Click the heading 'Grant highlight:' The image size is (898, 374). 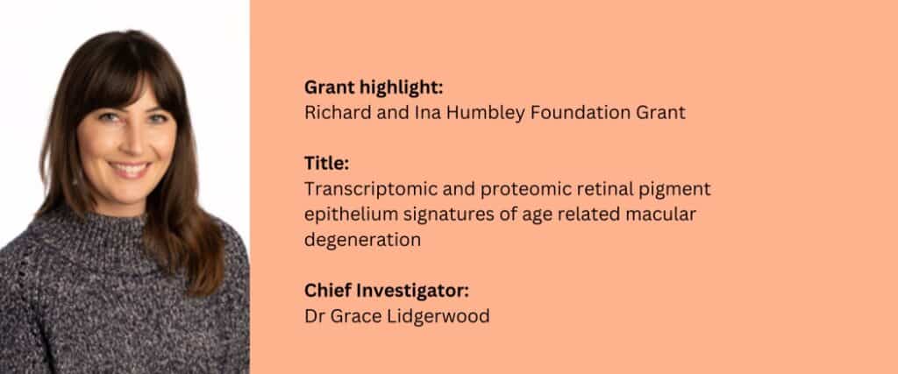(374, 88)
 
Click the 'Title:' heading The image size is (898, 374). (326, 164)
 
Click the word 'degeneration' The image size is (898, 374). (362, 240)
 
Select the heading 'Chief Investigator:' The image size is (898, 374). (387, 291)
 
